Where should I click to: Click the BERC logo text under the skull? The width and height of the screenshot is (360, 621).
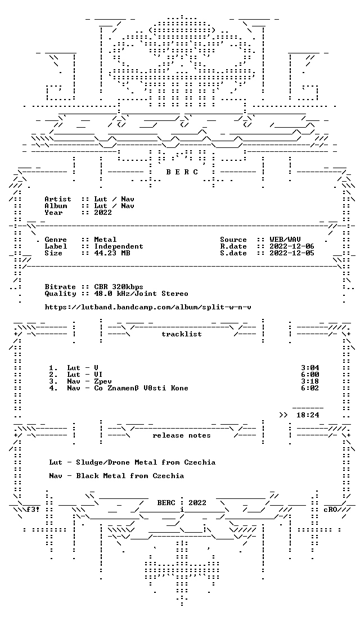[182, 172]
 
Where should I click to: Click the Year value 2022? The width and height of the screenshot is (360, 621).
[103, 212]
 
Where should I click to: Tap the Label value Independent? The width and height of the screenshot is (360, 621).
[119, 246]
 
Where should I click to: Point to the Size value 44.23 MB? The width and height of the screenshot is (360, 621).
[112, 253]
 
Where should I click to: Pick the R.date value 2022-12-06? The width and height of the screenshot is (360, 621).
[292, 246]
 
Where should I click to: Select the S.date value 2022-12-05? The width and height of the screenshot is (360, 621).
[292, 253]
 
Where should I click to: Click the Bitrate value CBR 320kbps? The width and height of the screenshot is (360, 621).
[119, 287]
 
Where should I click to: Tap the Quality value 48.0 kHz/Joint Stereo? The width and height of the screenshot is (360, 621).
[141, 294]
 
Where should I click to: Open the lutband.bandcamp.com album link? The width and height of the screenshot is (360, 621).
[148, 307]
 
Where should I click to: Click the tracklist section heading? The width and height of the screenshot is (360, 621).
[182, 334]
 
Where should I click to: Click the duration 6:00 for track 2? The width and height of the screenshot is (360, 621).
[310, 375]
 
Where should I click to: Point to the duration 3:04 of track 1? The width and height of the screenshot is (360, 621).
[310, 368]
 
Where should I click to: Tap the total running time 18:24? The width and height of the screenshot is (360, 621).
[308, 415]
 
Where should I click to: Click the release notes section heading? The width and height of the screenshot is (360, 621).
[182, 435]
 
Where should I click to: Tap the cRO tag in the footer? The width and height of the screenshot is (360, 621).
[330, 510]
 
